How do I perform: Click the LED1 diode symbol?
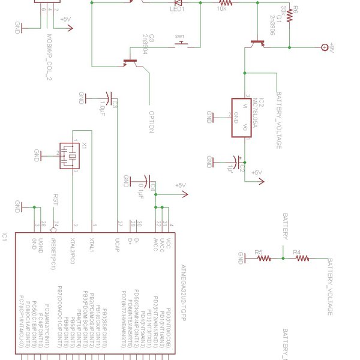(x=178, y=3)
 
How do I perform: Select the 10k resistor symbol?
(x=223, y=3)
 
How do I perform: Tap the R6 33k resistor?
(x=289, y=15)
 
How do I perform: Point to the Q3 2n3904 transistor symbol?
(x=130, y=61)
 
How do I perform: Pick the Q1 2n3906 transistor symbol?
(x=258, y=43)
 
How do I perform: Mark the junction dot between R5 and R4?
(x=283, y=259)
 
